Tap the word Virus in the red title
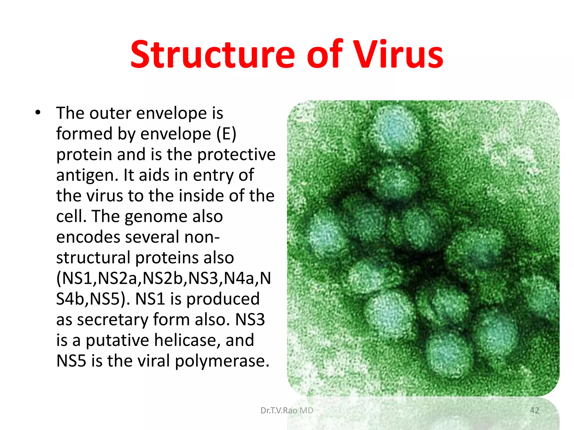398,55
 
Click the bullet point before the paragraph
38,113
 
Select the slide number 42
534,410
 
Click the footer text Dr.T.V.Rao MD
287,410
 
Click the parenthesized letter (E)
226,134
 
